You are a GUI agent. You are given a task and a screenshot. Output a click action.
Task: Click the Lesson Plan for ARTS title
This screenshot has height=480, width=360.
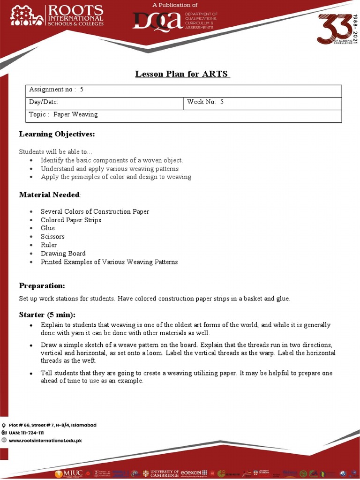[x=182, y=74]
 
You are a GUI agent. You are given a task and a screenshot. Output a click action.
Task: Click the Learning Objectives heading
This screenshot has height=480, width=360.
[x=57, y=135]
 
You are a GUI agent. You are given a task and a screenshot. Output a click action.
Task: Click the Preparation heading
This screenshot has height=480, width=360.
[x=42, y=286]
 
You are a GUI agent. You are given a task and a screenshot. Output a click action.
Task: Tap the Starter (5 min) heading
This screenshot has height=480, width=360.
[x=47, y=315]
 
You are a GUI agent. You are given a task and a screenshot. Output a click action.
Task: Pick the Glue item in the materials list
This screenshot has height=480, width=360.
[x=48, y=228]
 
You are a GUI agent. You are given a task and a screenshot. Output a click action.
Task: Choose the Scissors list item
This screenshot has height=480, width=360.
[x=52, y=237]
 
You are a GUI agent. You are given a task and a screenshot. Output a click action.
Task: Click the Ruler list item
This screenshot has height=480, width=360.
[x=49, y=245]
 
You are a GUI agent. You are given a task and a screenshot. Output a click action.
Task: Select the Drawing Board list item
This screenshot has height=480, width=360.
[x=63, y=254]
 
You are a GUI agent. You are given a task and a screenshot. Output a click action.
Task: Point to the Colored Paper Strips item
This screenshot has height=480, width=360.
[x=71, y=220]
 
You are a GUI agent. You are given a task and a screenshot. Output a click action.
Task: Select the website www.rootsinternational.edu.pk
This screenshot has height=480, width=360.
[x=45, y=441]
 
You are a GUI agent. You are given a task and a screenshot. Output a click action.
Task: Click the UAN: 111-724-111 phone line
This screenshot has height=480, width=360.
[x=26, y=433]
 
